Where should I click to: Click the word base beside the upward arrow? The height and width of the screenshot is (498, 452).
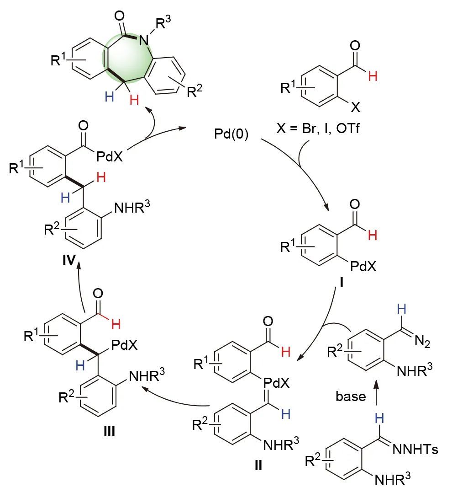click(x=351, y=396)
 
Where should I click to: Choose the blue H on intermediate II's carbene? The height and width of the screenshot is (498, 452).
click(x=286, y=414)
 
